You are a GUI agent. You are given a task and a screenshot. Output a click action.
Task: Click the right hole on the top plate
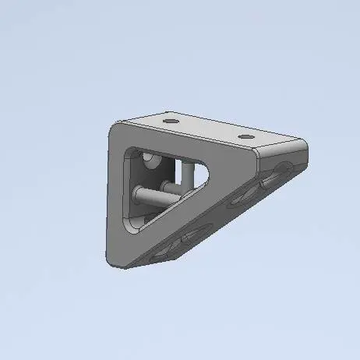tap(245, 137)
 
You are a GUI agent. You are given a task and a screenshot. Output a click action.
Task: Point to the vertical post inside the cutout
tap(187, 175)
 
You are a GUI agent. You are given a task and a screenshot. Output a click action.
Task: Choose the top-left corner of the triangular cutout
tap(132, 149)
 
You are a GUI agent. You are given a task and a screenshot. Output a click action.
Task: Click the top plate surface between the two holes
tap(209, 130)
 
